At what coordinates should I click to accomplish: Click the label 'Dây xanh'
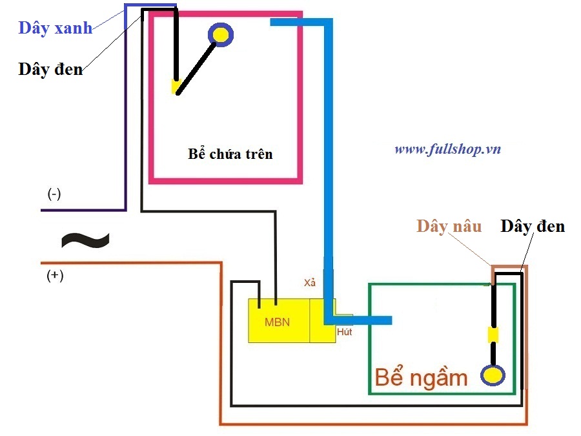tap(56, 28)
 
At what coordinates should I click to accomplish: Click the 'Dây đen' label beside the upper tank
tap(50, 69)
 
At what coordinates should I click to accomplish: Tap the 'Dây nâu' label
tap(449, 226)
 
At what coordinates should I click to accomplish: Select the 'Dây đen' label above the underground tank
tap(533, 226)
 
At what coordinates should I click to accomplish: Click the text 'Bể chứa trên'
tap(230, 154)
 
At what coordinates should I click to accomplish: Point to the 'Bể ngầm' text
tap(421, 377)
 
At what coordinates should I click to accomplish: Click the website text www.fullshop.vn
tap(447, 149)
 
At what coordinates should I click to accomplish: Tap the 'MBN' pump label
tap(277, 322)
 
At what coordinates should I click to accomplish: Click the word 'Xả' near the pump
tap(310, 282)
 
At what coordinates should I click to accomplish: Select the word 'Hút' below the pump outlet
tap(344, 332)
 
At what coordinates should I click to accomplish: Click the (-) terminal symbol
tap(54, 194)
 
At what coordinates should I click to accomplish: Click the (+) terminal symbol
tap(55, 275)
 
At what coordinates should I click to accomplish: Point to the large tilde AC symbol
tap(85, 240)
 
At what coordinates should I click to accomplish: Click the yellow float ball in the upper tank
tap(221, 35)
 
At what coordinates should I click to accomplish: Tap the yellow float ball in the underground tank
tap(493, 375)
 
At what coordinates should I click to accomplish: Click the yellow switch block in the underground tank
tap(493, 335)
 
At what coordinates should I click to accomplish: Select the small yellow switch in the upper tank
tap(175, 87)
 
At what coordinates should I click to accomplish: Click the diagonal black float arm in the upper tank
tap(196, 69)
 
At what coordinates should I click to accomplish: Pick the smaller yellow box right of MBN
tap(323, 320)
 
